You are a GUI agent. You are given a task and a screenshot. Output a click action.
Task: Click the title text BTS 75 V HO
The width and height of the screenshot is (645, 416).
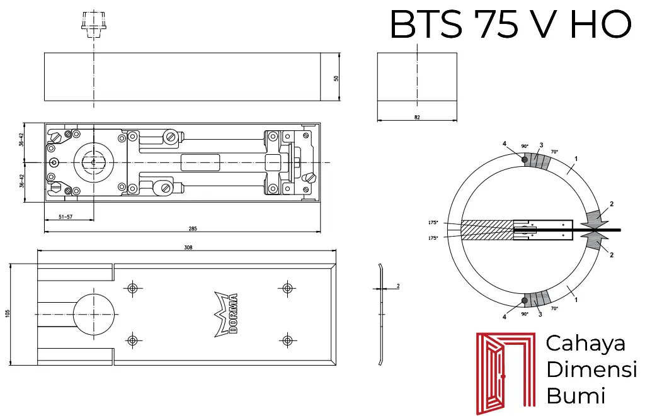[x=510, y=25]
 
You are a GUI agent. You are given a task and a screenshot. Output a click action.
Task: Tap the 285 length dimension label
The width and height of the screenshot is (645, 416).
[x=193, y=228]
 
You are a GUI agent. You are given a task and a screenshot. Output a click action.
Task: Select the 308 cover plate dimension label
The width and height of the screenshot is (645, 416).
[x=188, y=247]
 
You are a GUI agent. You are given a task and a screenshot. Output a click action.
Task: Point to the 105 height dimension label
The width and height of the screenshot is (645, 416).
[x=8, y=313]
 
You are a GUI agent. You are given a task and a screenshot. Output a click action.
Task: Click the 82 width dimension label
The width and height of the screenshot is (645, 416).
[x=417, y=117]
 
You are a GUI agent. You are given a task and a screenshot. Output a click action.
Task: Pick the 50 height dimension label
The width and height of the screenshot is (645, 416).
[x=336, y=78]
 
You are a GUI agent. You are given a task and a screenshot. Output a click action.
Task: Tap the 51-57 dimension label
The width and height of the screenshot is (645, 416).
[x=66, y=216]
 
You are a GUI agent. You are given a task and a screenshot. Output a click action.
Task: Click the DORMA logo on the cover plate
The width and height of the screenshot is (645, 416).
[x=226, y=315]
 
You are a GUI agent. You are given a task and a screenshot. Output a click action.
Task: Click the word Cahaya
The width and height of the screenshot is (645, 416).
[x=586, y=344]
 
